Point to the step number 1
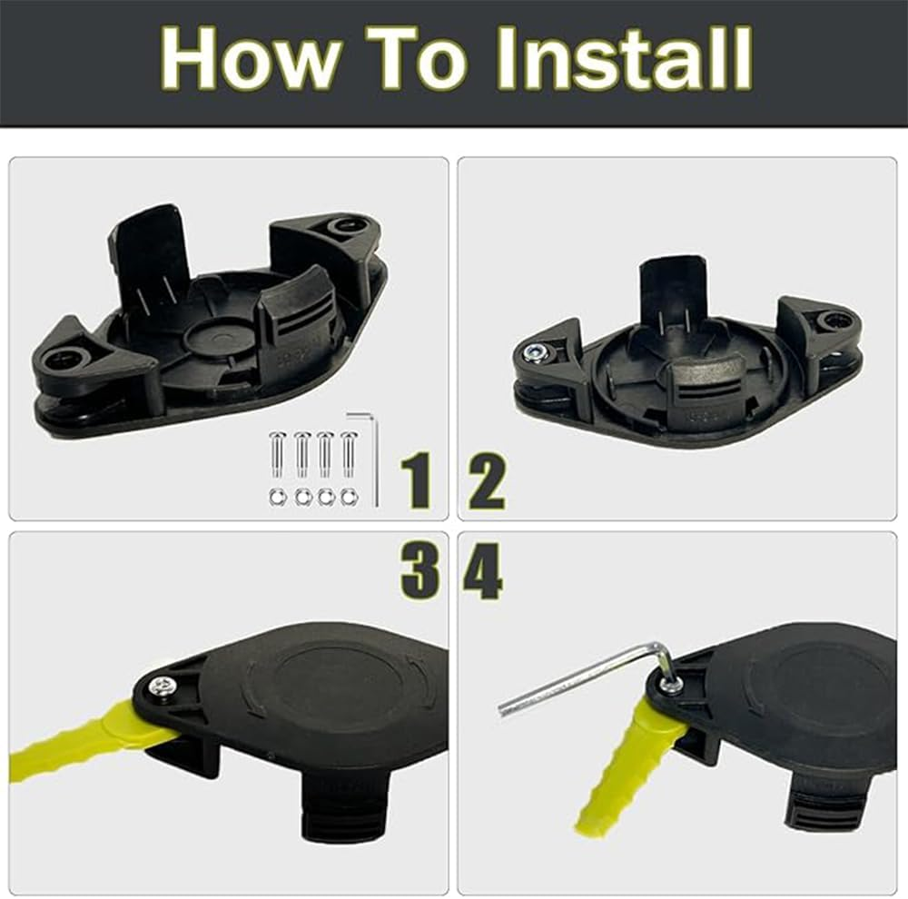pyautogui.click(x=418, y=481)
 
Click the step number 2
pyautogui.click(x=487, y=481)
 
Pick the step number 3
pyautogui.click(x=419, y=571)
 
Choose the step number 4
pyautogui.click(x=482, y=571)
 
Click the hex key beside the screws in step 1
pyautogui.click(x=372, y=454)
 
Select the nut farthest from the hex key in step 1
pyautogui.click(x=276, y=497)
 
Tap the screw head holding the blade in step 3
pyautogui.click(x=163, y=687)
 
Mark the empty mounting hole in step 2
pyautogui.click(x=833, y=321)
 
